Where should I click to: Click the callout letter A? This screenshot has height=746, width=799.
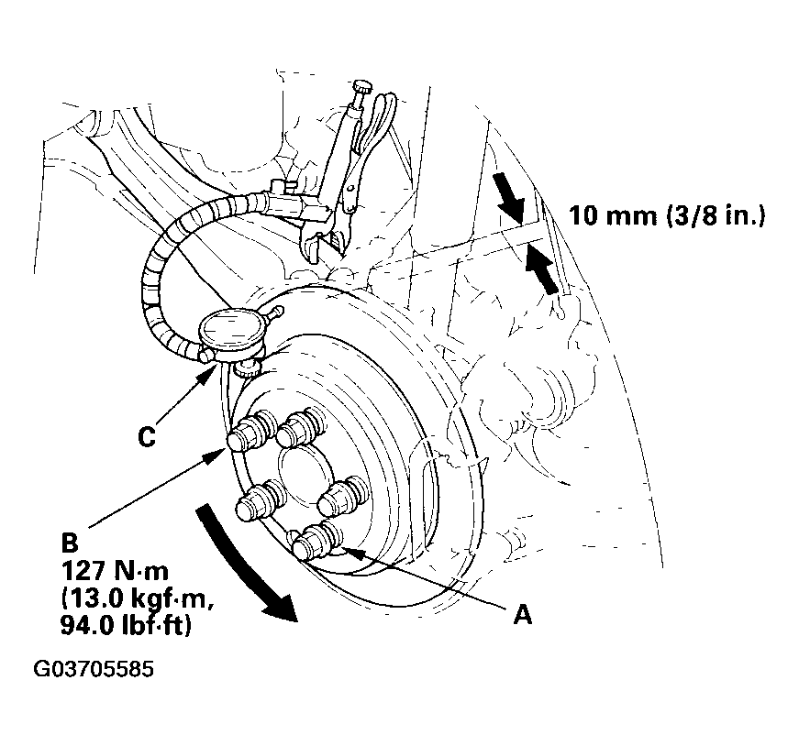pos(523,615)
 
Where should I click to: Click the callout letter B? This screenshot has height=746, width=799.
pos(70,543)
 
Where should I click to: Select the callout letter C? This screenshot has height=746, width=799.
pos(147,437)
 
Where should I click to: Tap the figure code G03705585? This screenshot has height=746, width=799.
pos(94,669)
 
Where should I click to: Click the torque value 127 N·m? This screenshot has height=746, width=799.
pos(115,571)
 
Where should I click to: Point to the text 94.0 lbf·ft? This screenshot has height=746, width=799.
pos(126,625)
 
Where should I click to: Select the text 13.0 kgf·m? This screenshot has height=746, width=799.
pos(137,598)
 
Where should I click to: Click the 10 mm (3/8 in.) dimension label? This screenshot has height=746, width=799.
pos(667,215)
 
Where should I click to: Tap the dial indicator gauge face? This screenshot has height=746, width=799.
pos(229,329)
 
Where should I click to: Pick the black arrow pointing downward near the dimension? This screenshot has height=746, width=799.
pos(511,198)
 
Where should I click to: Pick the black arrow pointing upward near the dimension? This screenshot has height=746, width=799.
pos(542,268)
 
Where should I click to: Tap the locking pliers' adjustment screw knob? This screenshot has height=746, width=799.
pos(363,85)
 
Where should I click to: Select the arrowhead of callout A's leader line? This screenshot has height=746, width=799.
pos(350,553)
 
